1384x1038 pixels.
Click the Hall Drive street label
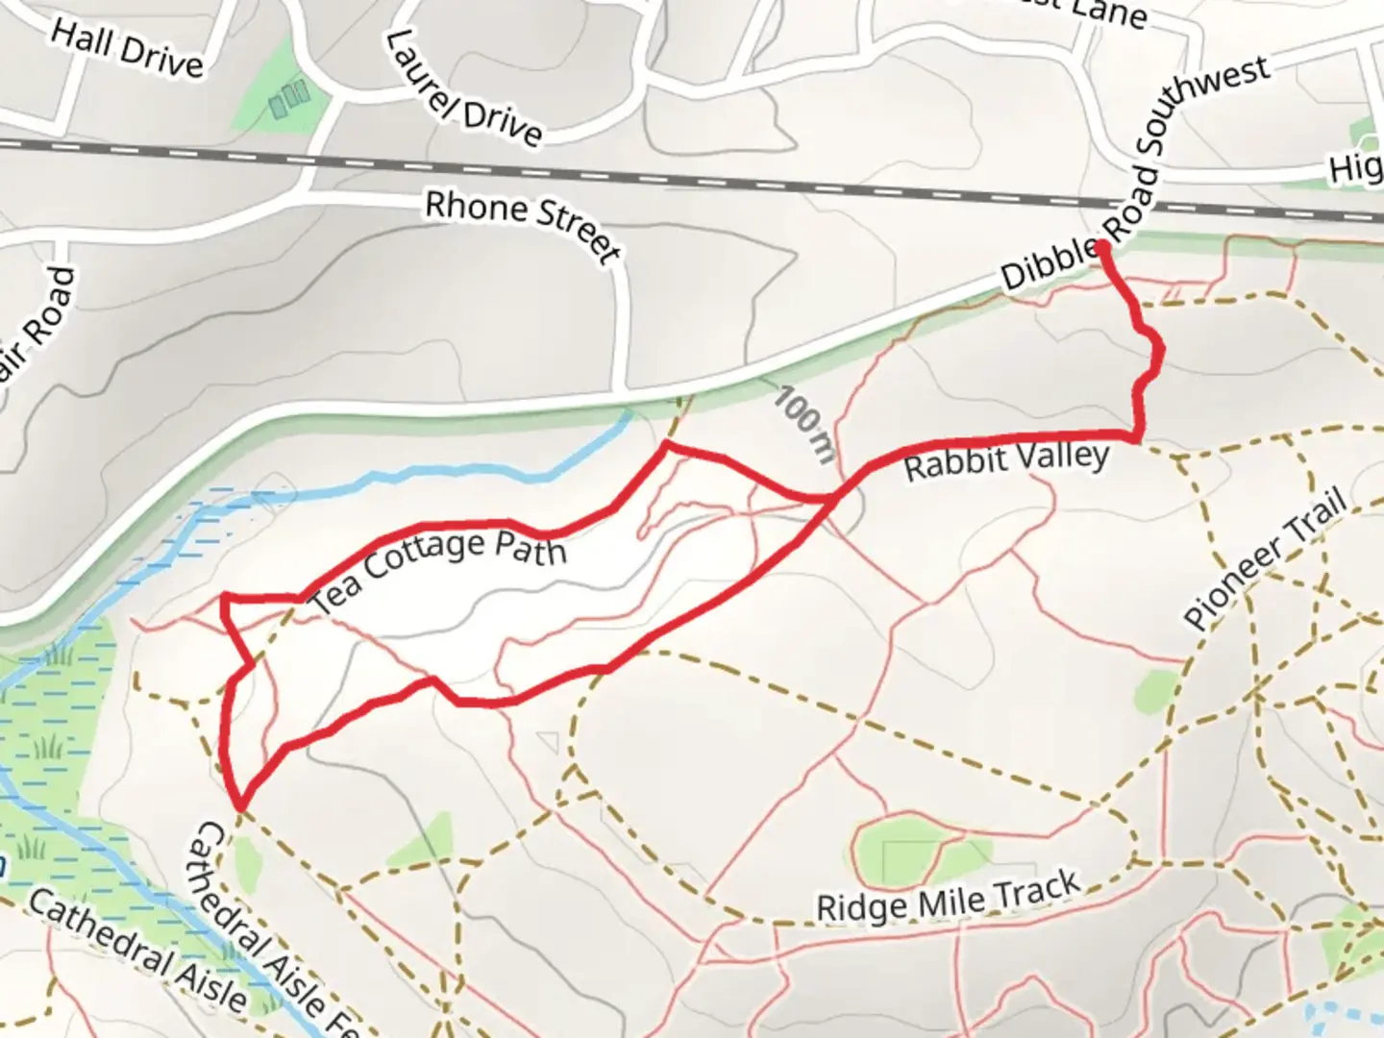click(127, 49)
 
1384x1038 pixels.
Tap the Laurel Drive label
click(463, 89)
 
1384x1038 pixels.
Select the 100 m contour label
click(804, 423)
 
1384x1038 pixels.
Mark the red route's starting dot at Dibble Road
click(1101, 249)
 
